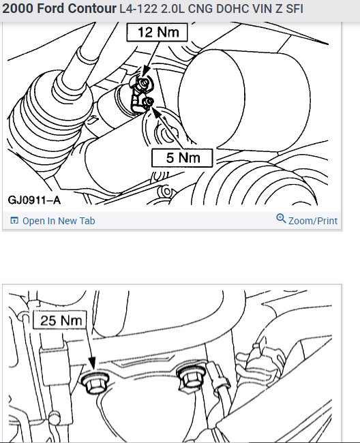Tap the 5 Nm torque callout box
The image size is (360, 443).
[182, 158]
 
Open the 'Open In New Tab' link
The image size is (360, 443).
[59, 221]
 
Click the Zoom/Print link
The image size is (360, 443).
[312, 221]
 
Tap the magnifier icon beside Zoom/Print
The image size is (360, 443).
[281, 219]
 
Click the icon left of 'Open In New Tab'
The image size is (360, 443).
[15, 221]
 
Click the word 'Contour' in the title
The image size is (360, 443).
[89, 9]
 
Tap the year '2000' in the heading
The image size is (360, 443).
[16, 9]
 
